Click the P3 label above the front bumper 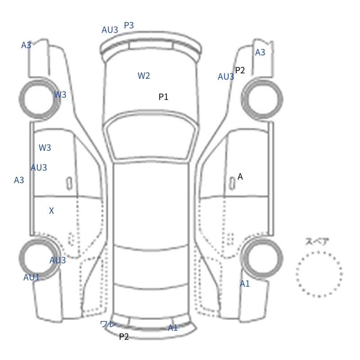129,25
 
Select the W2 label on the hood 144,76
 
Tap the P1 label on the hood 163,97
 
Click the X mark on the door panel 51,211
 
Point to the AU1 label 31,277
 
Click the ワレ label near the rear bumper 108,324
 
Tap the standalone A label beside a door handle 240,176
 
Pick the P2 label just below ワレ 124,337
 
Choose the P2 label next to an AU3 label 240,70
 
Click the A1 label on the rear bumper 173,328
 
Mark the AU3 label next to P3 110,30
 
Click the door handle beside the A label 232,184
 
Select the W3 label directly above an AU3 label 45,148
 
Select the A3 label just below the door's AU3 19,180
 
